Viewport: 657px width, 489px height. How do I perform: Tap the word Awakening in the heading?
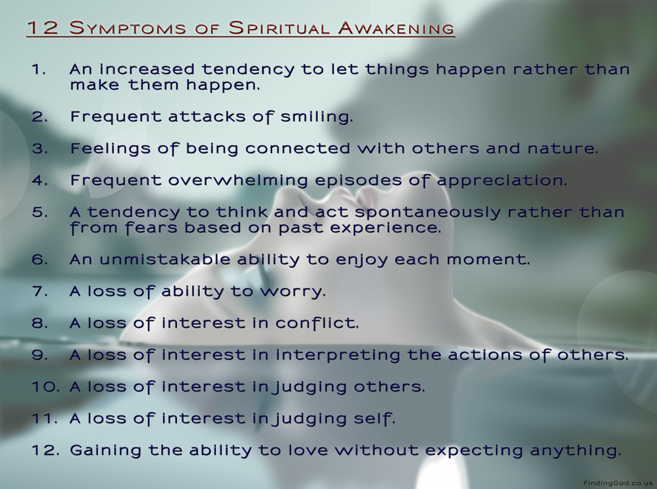pos(396,28)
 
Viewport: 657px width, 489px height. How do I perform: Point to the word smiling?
pos(316,117)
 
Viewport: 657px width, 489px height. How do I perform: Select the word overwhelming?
pos(238,181)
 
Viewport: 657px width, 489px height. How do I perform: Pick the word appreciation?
pos(502,181)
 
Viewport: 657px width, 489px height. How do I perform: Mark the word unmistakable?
pos(165,259)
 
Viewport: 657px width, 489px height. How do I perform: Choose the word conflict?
pos(317,323)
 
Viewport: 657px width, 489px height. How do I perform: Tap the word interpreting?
pos(338,355)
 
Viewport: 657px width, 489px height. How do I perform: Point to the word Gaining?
pos(106,451)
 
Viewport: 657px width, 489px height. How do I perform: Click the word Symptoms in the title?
pos(128,28)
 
